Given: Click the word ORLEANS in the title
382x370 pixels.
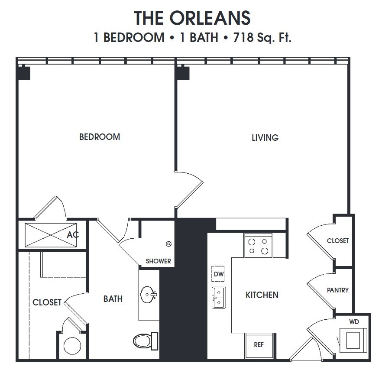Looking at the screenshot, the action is tap(210, 18).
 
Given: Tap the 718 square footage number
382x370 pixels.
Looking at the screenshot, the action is tap(243, 38).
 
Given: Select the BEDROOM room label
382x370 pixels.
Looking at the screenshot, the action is tap(100, 137).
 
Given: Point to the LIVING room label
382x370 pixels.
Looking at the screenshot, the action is tap(265, 138).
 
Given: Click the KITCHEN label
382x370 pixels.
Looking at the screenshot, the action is tap(262, 295).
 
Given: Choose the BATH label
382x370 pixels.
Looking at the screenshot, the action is tap(113, 299).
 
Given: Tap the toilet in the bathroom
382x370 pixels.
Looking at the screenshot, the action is tap(146, 340).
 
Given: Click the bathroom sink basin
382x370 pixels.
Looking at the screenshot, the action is tap(148, 295).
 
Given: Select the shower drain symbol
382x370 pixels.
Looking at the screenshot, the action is tap(168, 244).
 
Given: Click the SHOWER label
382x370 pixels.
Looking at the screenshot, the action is tap(159, 261).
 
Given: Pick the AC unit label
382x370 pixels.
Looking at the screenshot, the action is tap(73, 235).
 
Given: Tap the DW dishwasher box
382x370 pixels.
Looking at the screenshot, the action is tap(218, 274).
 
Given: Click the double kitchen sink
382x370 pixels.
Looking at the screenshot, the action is tap(219, 298).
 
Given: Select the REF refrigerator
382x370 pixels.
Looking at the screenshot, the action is tap(259, 345).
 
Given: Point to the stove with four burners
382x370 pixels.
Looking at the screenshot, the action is tap(259, 246).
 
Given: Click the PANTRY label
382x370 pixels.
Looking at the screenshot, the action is tap(338, 290).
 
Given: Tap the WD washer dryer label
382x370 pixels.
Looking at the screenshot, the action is tap(354, 322).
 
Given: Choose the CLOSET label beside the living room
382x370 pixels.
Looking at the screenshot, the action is tap(338, 240).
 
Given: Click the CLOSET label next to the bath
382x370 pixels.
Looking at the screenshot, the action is tap(47, 302).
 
